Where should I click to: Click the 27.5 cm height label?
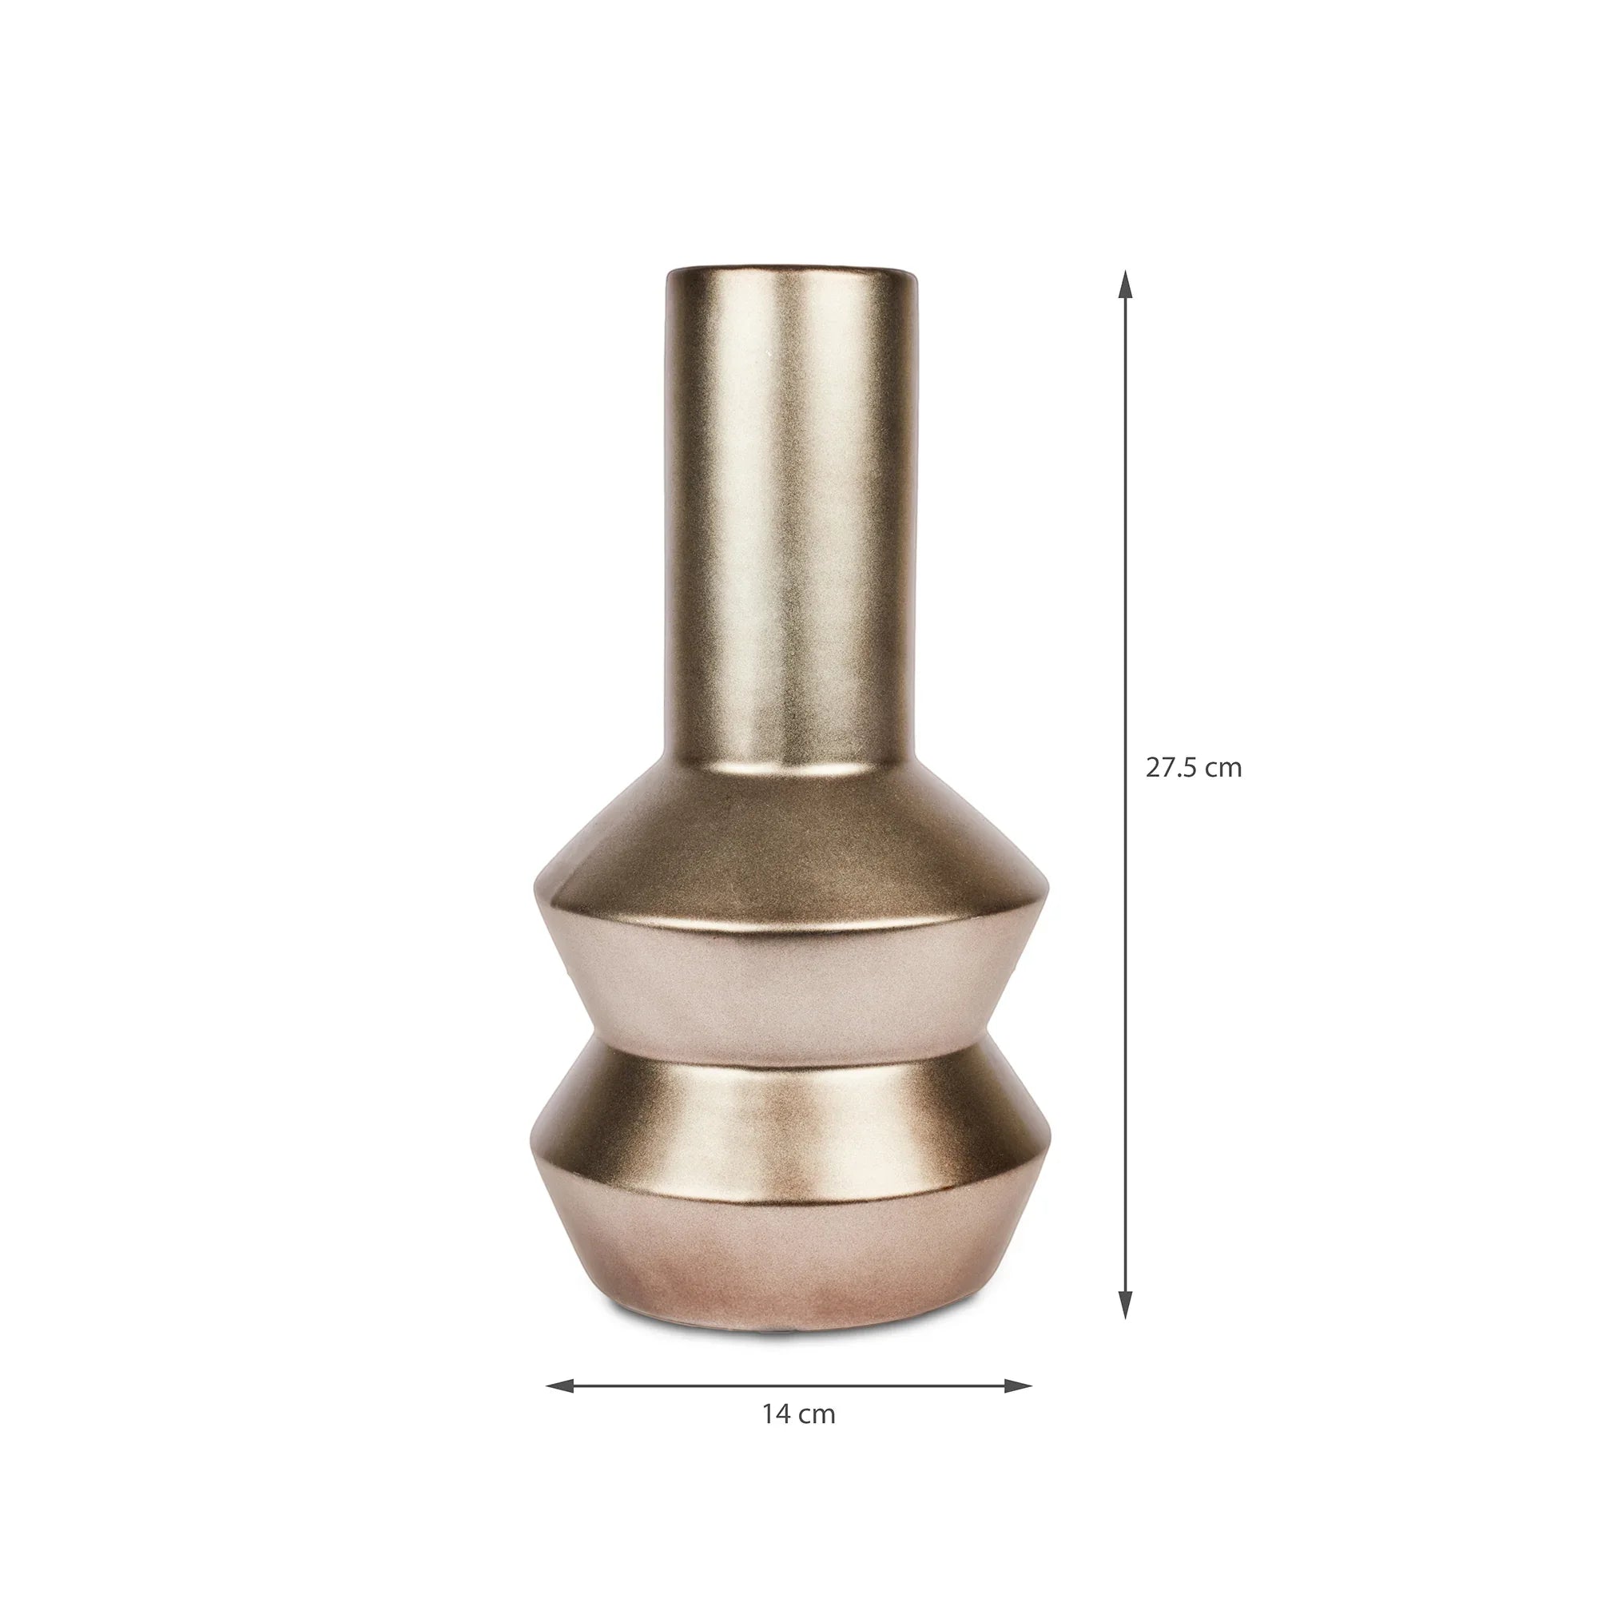[x=1193, y=769]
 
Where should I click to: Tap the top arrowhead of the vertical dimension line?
[x=1124, y=284]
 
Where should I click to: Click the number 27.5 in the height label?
[x=1171, y=769]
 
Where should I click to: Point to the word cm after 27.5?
[x=1222, y=769]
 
